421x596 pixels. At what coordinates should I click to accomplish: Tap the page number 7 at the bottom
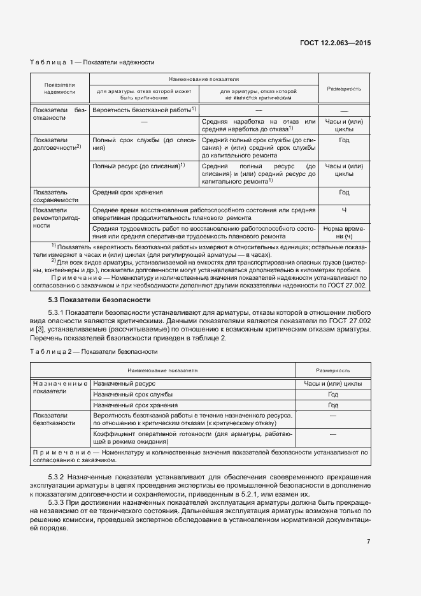[x=368, y=541]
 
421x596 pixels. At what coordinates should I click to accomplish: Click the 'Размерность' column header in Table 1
[x=344, y=89]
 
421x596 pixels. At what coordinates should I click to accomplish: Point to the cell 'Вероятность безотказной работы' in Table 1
[x=141, y=110]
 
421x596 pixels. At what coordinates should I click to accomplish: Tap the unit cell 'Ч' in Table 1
[x=344, y=210]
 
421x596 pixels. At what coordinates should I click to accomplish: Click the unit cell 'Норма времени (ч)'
[x=344, y=233]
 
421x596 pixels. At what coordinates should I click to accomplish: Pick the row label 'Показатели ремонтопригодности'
[x=50, y=217]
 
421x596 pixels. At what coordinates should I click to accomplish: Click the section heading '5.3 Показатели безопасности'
[x=99, y=299]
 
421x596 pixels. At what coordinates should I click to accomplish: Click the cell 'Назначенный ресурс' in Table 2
[x=122, y=384]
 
